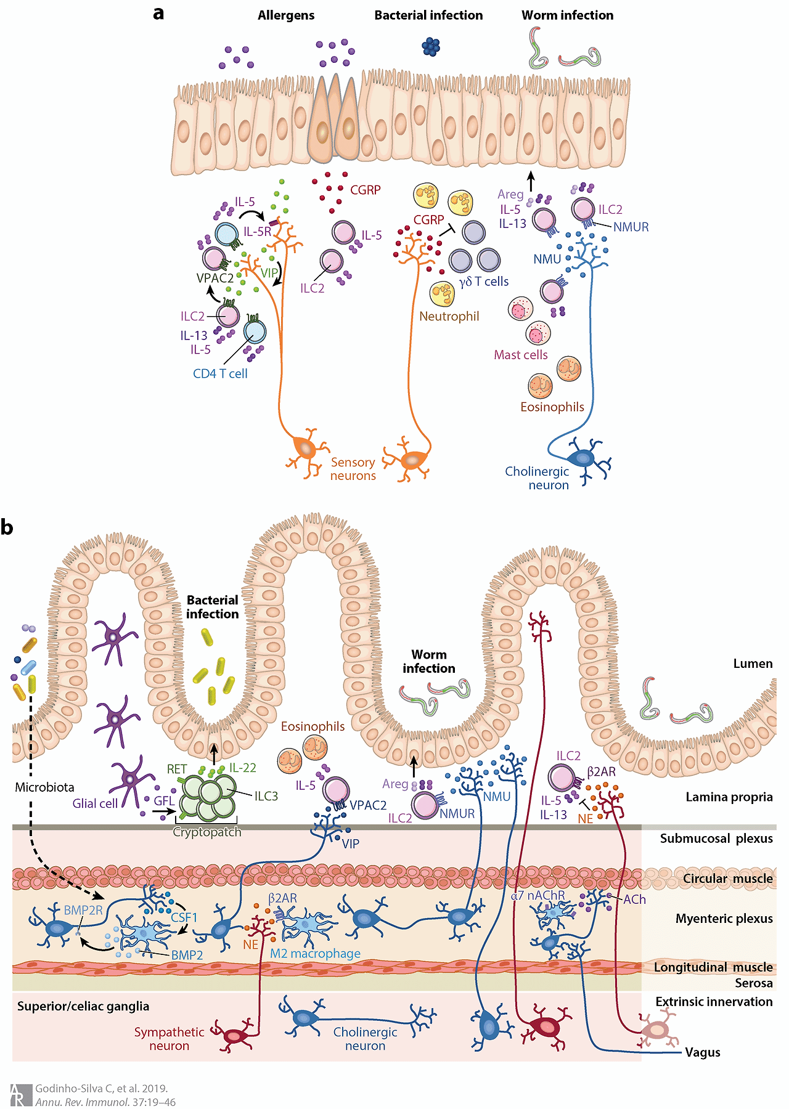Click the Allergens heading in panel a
(x=286, y=15)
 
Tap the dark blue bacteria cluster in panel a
(x=431, y=46)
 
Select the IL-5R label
(x=257, y=232)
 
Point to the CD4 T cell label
(x=220, y=373)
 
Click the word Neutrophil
(x=449, y=316)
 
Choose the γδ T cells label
(x=484, y=282)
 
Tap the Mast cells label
(x=520, y=355)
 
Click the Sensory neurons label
(x=353, y=469)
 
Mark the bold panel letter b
(x=7, y=528)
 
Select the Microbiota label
(x=44, y=787)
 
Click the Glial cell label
(x=95, y=803)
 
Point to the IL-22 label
(x=242, y=768)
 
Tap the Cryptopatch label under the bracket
(x=207, y=832)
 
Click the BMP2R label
(x=83, y=910)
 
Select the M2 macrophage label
(x=315, y=953)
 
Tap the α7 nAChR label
(x=538, y=895)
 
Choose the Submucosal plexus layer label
(x=716, y=839)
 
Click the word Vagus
(x=703, y=1052)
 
